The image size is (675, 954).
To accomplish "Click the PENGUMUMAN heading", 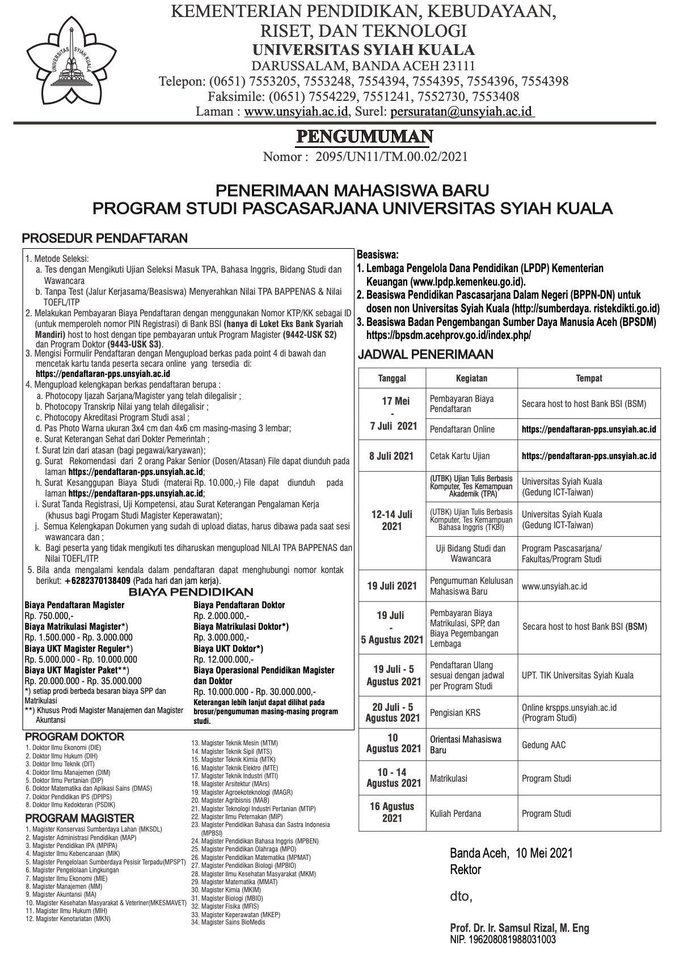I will coord(365,137).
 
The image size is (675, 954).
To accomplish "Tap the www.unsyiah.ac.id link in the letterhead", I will coord(296,112).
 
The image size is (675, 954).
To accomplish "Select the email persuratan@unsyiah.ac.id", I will coord(461,112).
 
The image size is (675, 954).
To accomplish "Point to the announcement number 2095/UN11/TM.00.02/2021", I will coord(391,156).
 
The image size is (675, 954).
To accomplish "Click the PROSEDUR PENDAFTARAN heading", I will coord(104,238).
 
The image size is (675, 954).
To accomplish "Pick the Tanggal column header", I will coord(392,378).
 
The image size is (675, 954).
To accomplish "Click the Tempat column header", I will coord(589,378).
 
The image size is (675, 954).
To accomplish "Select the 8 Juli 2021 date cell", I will coord(392,456).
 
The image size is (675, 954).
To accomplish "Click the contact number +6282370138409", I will coord(98,581).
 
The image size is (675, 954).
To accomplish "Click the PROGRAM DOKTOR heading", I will coord(74,737).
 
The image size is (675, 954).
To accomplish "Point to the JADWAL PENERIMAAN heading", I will coord(425,355).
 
